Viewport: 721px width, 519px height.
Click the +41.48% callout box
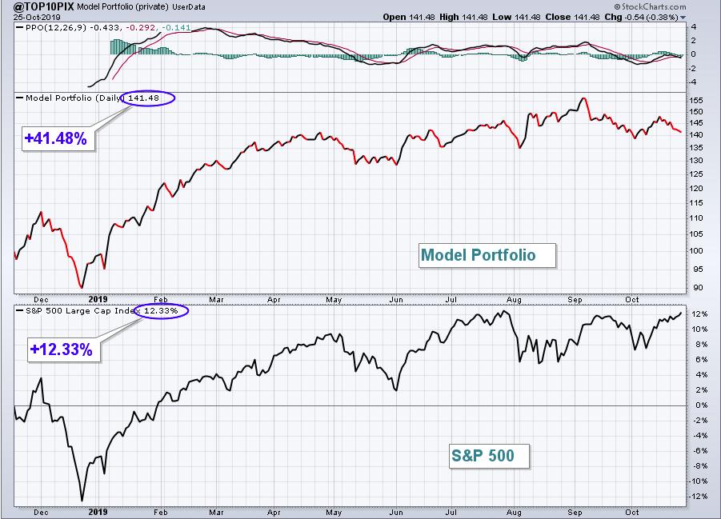click(x=58, y=138)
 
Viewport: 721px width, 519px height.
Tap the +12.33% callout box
click(x=63, y=349)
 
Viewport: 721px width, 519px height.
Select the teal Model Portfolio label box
click(x=487, y=255)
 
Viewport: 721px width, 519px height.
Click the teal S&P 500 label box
click(x=489, y=456)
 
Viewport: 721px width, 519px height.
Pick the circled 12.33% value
click(x=162, y=311)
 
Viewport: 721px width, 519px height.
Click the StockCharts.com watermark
click(x=651, y=6)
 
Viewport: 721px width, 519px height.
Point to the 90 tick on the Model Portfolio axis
click(x=698, y=288)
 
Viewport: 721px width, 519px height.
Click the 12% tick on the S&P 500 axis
click(x=699, y=314)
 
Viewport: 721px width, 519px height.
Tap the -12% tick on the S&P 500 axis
click(x=698, y=497)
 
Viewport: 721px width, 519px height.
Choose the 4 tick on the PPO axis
click(x=694, y=27)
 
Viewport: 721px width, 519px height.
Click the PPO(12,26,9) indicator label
click(x=56, y=27)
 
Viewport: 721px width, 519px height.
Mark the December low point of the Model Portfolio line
click(x=82, y=288)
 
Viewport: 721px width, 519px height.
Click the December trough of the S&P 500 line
click(x=82, y=501)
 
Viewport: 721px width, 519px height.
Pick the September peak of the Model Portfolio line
click(x=583, y=98)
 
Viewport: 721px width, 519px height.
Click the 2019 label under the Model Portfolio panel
click(x=98, y=299)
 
